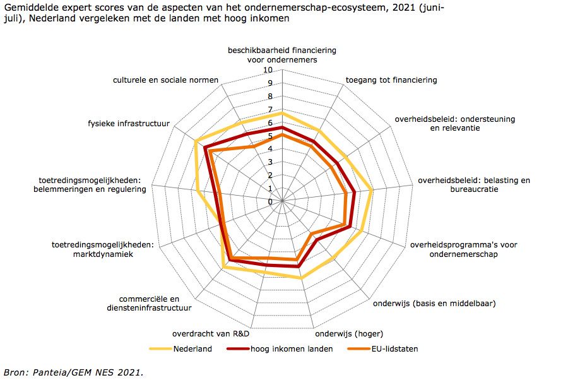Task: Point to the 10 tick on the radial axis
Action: pos(268,70)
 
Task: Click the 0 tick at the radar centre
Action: pos(271,202)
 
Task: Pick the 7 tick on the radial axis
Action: pos(269,110)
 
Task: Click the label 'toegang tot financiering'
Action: pos(391,80)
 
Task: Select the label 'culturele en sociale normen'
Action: pos(166,80)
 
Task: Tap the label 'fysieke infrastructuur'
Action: pos(129,123)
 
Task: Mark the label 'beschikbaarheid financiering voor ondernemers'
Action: pos(282,54)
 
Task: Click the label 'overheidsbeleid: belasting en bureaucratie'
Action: pos(474,184)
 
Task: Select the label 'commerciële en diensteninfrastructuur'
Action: pos(149,304)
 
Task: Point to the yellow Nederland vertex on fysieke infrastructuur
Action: pos(196,140)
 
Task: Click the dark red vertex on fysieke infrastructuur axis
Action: pos(205,148)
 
